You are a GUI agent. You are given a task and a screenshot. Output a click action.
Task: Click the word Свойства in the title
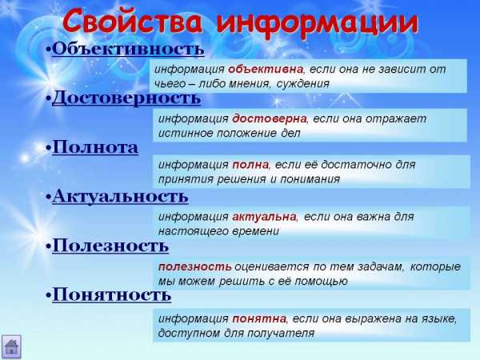tap(133, 22)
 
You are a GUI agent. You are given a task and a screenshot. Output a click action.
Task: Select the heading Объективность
tap(128, 49)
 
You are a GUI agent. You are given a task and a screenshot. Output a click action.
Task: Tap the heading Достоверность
tap(126, 98)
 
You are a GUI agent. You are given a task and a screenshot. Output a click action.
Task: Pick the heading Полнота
tap(95, 147)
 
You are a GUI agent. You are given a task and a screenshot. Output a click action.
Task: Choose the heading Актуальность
tap(120, 196)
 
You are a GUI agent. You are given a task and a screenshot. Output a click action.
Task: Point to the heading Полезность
tap(110, 246)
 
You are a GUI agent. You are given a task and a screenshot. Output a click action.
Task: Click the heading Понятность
tap(112, 295)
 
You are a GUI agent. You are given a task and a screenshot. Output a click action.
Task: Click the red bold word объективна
tap(266, 70)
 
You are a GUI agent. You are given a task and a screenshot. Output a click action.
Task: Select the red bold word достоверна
tap(269, 118)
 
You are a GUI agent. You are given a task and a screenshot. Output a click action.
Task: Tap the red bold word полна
tap(250, 165)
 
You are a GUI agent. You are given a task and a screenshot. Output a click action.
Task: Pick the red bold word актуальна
tap(264, 217)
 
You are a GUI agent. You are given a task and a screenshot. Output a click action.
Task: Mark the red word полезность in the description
tap(195, 266)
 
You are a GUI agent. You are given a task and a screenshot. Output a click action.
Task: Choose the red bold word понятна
tap(259, 318)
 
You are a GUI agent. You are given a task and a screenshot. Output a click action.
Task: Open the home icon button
tap(11, 346)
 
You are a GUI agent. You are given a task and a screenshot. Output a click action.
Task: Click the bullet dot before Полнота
tap(48, 148)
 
